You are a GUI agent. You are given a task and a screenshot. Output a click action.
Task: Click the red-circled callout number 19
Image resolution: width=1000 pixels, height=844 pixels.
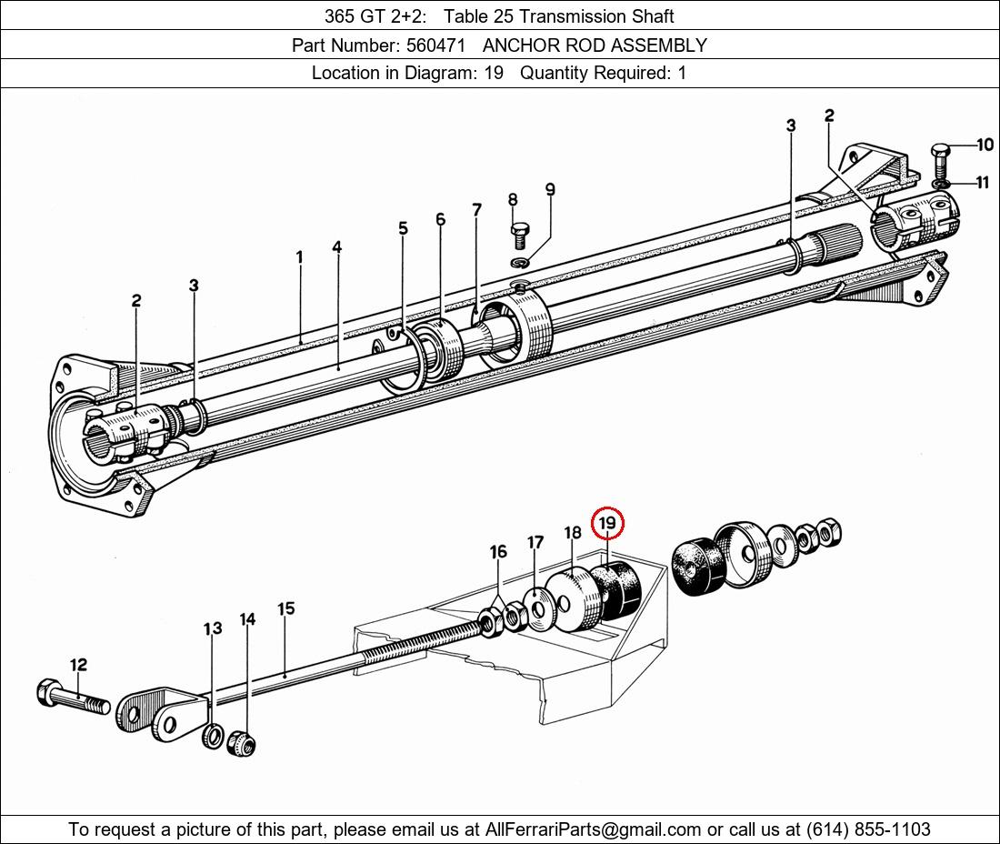(607, 523)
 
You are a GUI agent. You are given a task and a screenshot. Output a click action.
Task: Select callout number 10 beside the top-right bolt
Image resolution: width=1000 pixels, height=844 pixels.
(985, 145)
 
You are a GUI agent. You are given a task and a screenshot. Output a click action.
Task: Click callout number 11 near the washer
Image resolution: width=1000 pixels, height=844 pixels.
(982, 183)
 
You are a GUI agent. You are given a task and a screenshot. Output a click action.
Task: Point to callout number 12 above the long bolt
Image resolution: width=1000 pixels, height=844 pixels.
(78, 665)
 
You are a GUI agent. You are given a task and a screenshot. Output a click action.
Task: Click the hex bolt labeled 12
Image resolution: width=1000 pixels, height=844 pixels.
(74, 697)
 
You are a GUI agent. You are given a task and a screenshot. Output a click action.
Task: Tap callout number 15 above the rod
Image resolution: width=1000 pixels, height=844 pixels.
(286, 608)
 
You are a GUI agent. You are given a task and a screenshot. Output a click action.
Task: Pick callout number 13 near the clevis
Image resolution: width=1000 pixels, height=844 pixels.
(213, 628)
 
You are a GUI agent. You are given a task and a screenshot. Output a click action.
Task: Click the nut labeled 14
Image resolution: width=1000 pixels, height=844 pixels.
(243, 742)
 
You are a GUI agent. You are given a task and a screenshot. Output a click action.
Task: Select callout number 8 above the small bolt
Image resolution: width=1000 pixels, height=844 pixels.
(513, 200)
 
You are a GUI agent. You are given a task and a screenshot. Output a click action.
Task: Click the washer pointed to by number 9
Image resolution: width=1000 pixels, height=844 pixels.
(520, 262)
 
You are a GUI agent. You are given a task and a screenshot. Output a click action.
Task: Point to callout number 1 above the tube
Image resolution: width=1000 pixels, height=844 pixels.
(299, 257)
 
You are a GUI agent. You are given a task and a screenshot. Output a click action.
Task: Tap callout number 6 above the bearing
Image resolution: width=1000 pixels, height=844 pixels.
(441, 219)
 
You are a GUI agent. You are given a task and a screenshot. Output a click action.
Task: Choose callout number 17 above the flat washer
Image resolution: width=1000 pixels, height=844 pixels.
(535, 542)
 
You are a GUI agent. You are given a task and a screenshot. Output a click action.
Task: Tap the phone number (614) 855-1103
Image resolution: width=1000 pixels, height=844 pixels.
(868, 829)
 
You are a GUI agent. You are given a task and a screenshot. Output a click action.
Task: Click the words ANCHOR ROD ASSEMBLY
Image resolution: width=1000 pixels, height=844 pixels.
(595, 45)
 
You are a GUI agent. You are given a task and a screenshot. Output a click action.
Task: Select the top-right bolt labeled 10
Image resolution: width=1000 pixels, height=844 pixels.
(941, 162)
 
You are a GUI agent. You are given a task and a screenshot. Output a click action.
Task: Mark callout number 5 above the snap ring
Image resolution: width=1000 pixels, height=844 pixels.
(403, 227)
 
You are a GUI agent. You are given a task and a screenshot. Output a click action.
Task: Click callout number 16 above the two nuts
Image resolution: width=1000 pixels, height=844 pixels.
(498, 551)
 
